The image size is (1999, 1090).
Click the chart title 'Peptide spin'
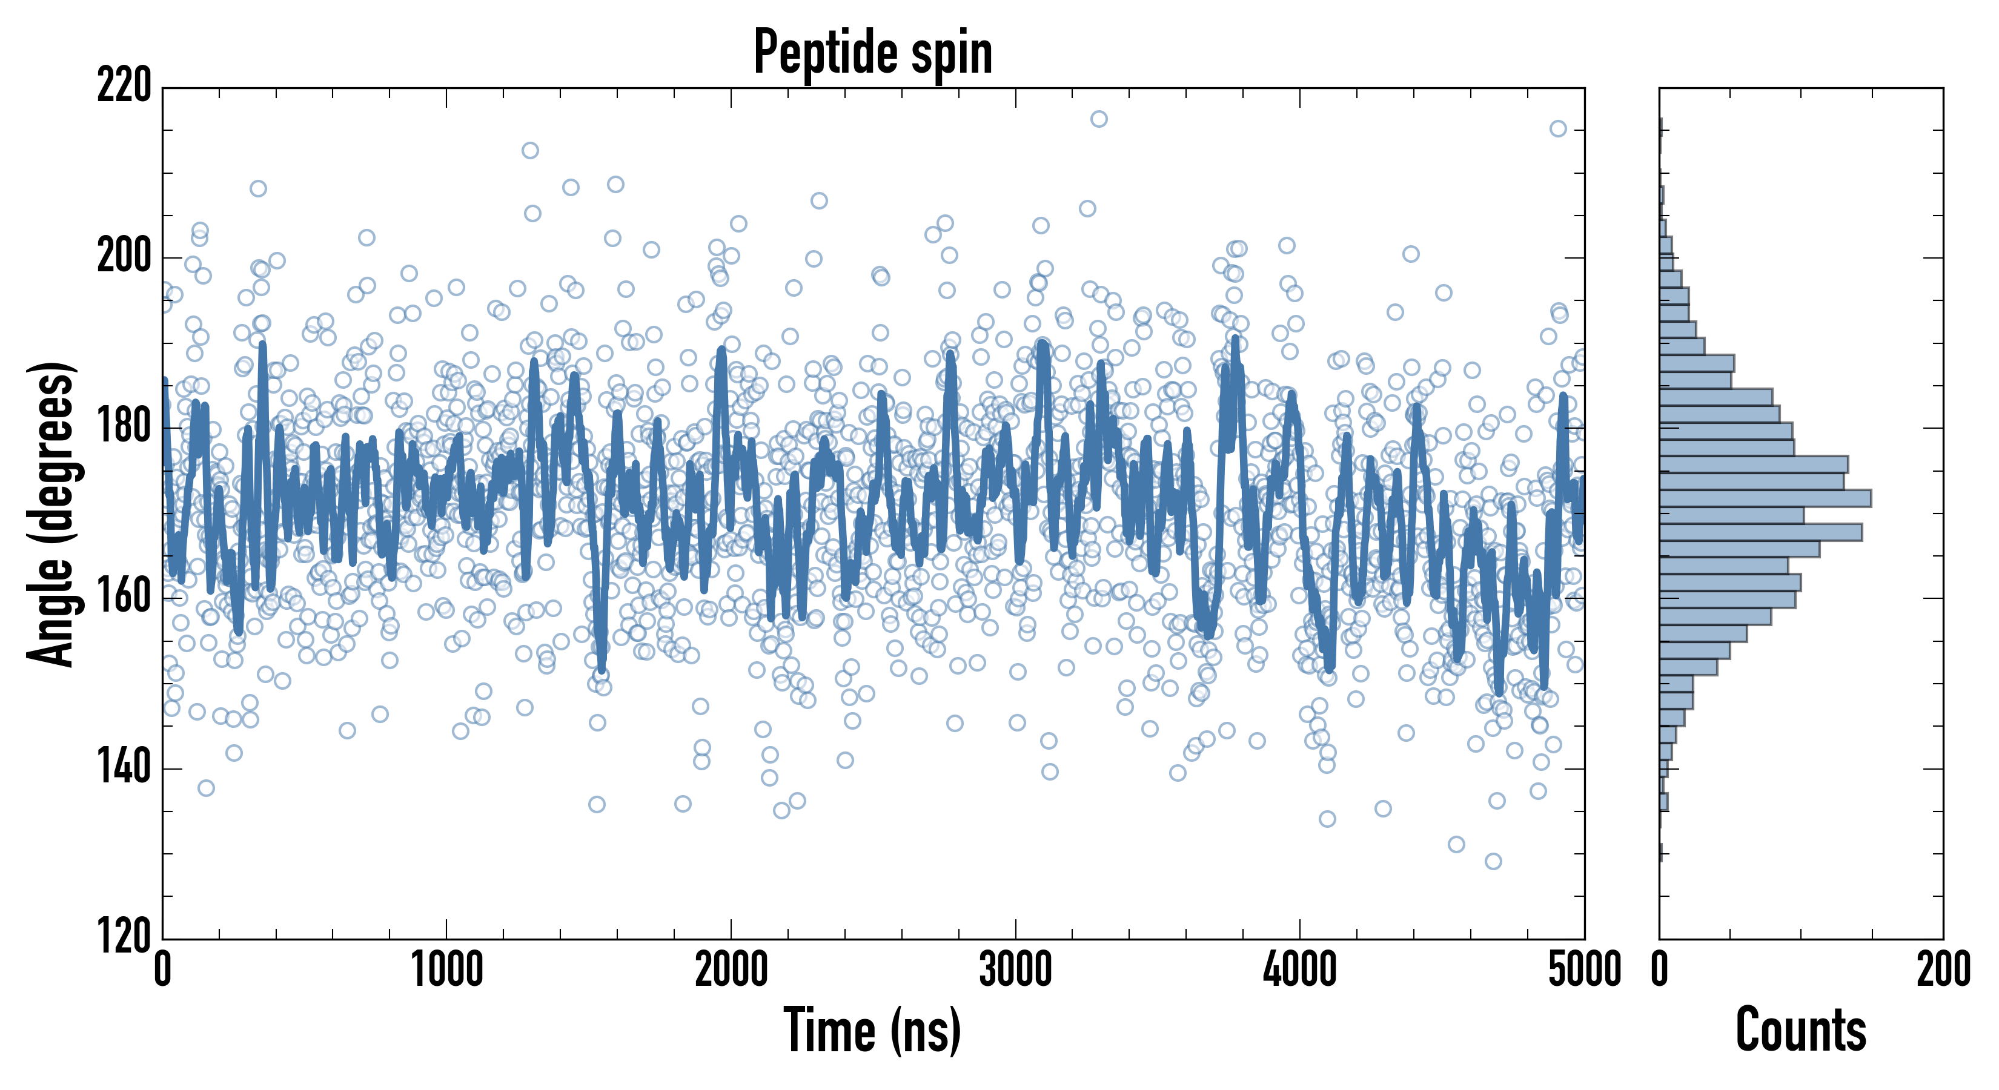coord(873,53)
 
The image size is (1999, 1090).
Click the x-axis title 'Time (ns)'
coord(873,1030)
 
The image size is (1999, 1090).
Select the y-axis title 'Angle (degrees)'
coord(51,514)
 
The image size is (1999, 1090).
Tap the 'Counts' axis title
coord(1801,1030)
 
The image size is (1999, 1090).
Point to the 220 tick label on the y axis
coord(124,85)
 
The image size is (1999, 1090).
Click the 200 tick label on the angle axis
coord(124,256)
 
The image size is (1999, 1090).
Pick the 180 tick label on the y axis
coord(124,427)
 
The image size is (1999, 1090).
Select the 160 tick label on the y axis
coord(124,597)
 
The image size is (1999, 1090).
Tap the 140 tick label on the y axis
coord(124,768)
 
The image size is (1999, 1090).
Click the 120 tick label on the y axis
coord(124,937)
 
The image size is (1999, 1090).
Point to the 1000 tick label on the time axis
coord(446,969)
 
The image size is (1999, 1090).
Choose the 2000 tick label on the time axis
coord(731,969)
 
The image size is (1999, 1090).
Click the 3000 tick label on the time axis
coord(1015,969)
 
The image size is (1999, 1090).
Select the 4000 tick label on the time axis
coord(1300,969)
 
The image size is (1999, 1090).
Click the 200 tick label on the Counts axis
coord(1943,969)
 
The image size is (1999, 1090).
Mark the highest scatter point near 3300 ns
coord(1099,119)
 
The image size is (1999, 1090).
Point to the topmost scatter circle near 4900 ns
coord(1558,129)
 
